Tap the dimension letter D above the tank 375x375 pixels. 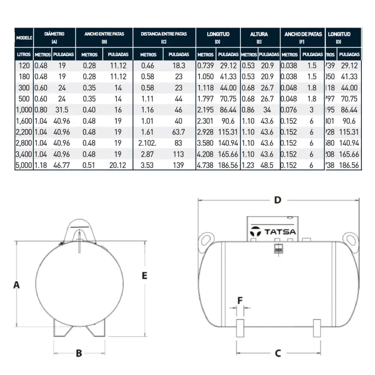point(277,200)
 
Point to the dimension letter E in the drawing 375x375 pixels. point(144,275)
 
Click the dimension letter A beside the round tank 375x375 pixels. point(16,285)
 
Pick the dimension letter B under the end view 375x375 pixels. point(79,352)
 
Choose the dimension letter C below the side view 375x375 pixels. point(277,352)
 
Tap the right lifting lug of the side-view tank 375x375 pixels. point(350,239)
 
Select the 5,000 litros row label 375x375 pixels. point(23,165)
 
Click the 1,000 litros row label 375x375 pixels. point(23,109)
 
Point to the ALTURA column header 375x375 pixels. point(259,35)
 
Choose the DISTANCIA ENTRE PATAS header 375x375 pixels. point(164,35)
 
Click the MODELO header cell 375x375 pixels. point(24,37)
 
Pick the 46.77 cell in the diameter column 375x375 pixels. point(61,165)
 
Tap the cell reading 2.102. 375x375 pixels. point(148,142)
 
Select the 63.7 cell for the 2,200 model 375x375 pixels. point(179,132)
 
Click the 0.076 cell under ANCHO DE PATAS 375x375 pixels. point(289,109)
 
